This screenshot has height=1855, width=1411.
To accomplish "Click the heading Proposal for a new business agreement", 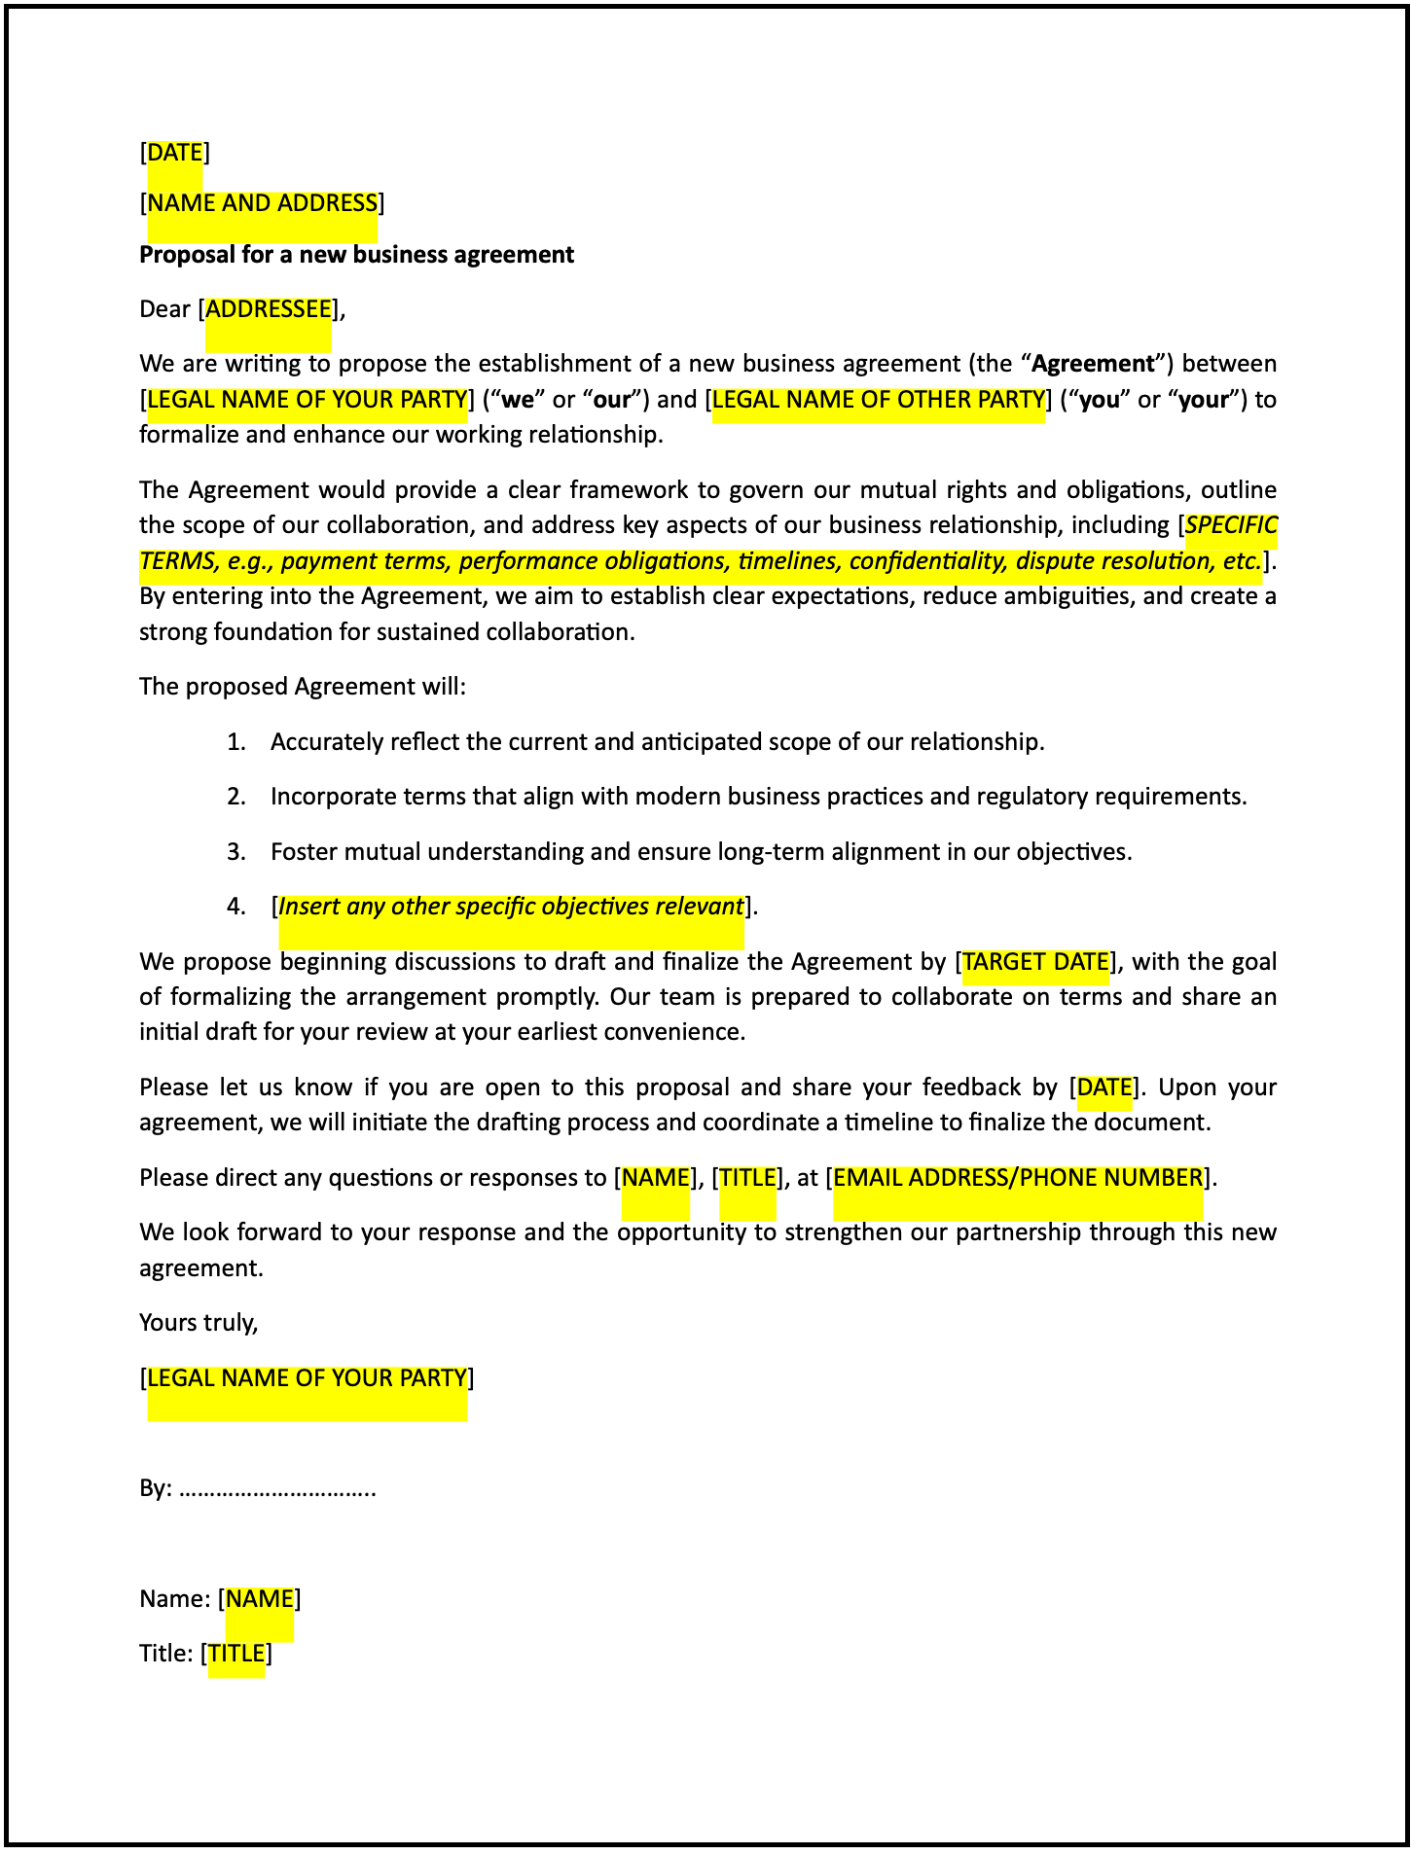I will tap(356, 255).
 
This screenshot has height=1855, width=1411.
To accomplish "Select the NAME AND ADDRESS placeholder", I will tap(262, 203).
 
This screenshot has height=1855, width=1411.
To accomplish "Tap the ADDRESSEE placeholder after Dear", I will tap(269, 309).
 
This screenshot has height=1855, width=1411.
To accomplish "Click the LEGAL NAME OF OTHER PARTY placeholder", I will tap(878, 400).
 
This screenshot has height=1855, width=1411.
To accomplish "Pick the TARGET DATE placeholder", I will tap(1035, 962).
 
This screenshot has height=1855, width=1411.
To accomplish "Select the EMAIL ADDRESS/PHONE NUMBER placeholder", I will tap(1018, 1178).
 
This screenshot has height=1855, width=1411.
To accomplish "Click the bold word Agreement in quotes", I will tap(1093, 364).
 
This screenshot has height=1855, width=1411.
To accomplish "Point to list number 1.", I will tap(235, 742).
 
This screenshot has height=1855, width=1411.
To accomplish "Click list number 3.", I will tap(235, 852).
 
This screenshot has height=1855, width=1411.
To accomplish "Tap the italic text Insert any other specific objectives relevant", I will tap(511, 907).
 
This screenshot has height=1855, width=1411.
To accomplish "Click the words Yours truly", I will tap(199, 1323).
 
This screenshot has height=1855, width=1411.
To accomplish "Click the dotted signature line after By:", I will tap(278, 1489).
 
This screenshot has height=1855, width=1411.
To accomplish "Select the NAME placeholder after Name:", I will tap(259, 1599).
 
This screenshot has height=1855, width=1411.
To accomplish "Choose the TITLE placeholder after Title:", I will tap(236, 1654).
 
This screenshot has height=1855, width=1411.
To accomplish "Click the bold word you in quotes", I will tap(1100, 400).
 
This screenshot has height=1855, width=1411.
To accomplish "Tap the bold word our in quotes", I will tap(612, 400).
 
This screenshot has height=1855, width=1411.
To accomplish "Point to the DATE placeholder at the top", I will tap(175, 153).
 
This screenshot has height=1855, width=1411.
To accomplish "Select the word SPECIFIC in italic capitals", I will tap(1231, 525).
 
